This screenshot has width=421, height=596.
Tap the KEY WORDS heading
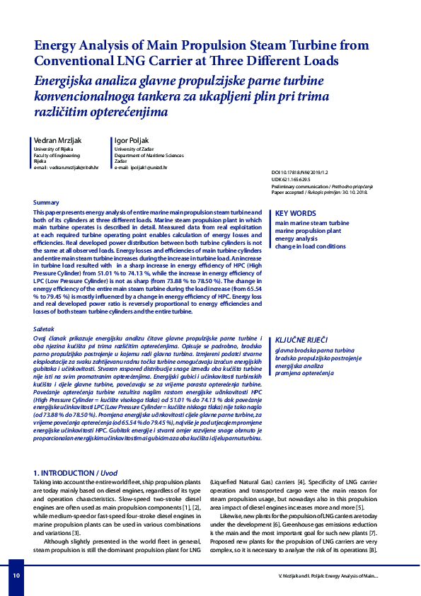[295, 213]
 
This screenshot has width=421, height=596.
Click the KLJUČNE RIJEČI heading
[301, 340]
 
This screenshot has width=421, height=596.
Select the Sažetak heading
[46, 330]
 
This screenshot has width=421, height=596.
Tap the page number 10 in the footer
[16, 576]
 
